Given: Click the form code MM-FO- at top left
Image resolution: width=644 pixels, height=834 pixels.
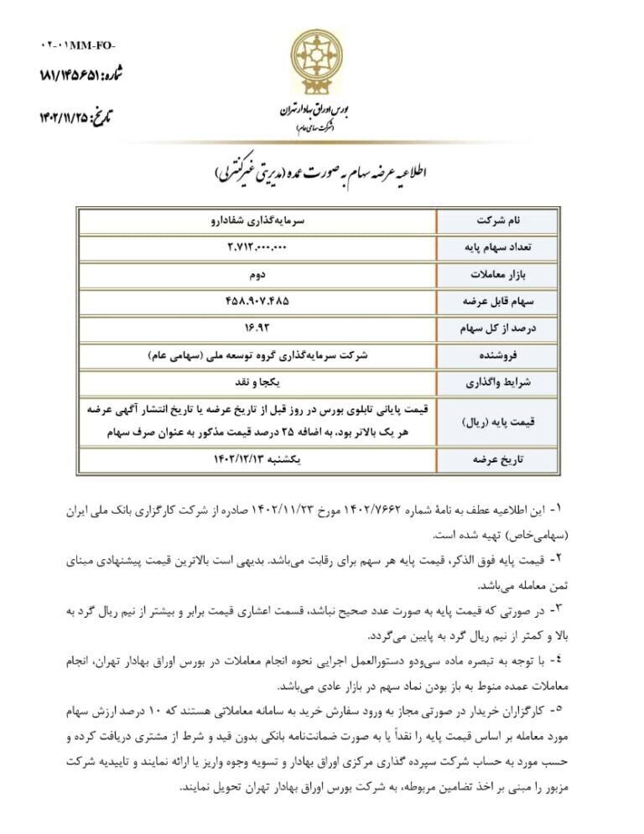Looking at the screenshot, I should point(78,44).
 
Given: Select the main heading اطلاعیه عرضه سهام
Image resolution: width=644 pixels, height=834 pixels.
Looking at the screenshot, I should point(323,174).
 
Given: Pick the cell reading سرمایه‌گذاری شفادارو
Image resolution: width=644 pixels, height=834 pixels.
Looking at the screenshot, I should point(257,220).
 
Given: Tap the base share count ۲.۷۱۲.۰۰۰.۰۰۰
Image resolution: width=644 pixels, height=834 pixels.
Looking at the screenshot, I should point(257,247).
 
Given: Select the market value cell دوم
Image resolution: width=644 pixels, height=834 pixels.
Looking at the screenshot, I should point(257,274).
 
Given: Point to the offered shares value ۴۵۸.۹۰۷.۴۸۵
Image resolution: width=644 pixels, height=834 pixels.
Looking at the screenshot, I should point(257,301).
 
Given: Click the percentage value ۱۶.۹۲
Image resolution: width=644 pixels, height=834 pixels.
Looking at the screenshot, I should point(257,328).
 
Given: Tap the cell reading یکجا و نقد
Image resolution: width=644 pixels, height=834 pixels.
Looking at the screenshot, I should point(257,381).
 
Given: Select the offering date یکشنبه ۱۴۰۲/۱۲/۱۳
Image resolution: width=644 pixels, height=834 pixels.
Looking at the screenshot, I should point(257,458).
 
